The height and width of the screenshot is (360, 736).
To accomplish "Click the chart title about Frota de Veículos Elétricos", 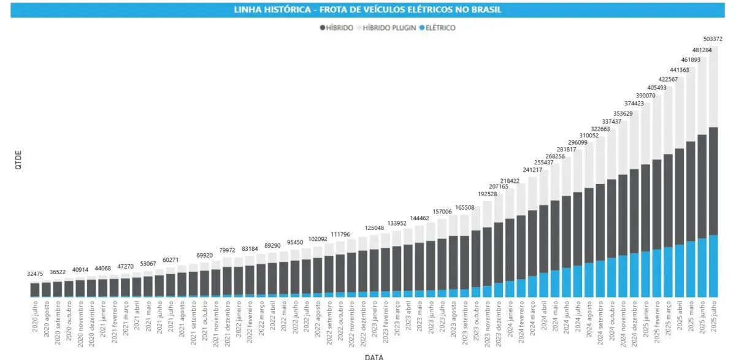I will [368, 10].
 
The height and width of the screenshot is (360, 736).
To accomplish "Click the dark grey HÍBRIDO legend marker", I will [323, 28].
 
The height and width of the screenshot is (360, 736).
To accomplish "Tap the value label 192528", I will [488, 194].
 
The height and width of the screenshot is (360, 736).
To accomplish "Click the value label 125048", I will [374, 228].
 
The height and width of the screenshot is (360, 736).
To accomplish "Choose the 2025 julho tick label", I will [714, 316].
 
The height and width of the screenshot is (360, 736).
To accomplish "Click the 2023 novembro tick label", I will [488, 320].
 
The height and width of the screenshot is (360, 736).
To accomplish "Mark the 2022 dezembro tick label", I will [363, 320].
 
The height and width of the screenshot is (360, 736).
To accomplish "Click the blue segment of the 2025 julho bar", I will [713, 266].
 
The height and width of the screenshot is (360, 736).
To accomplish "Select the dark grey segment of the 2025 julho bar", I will [713, 181].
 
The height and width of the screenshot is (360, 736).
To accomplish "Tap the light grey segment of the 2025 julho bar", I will [713, 86].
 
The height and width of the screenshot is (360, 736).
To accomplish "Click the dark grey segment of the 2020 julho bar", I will [35, 289].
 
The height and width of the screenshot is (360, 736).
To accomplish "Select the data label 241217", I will [533, 170].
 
